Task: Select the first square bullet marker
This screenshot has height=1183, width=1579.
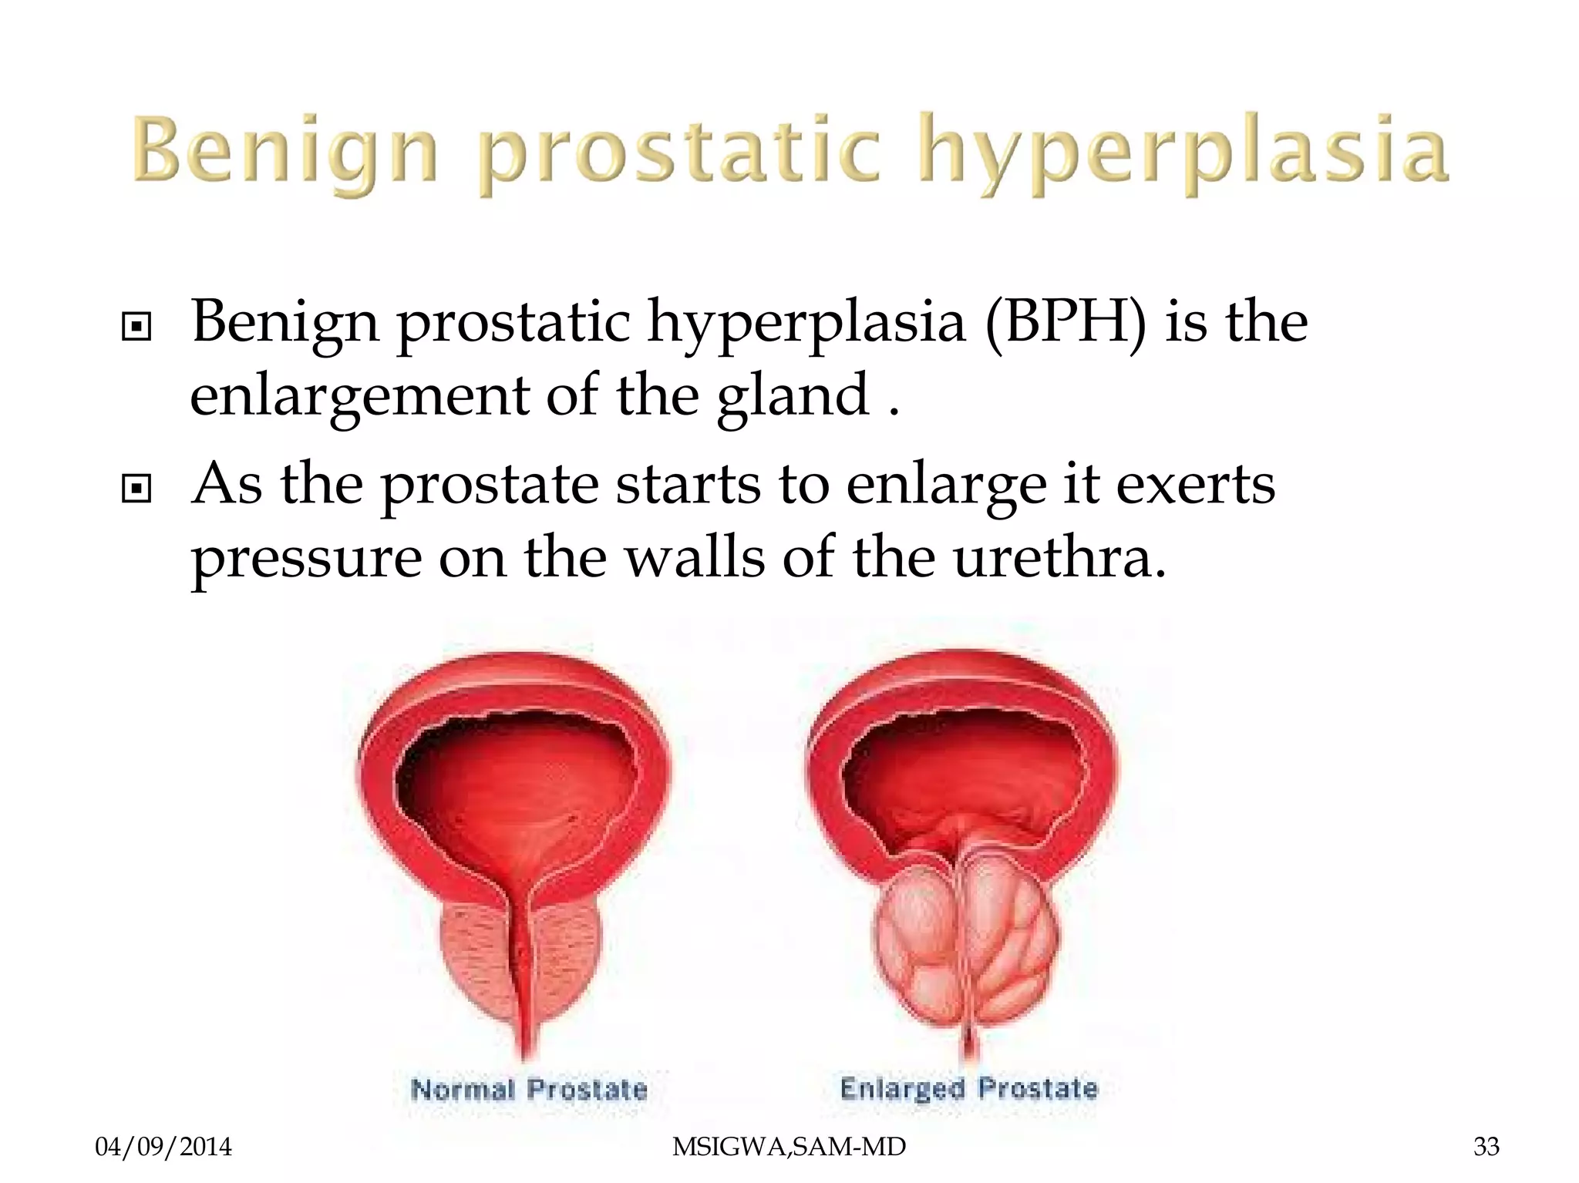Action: coord(136,327)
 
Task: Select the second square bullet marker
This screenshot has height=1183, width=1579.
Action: coord(136,488)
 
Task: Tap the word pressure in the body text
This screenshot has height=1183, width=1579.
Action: coord(306,559)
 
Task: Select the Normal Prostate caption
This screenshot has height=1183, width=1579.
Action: coord(529,1089)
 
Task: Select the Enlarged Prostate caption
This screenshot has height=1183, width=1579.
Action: coord(968,1088)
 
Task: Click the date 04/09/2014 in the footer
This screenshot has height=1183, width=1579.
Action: coord(163,1147)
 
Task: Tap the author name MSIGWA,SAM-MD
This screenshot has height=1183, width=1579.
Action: coord(789,1147)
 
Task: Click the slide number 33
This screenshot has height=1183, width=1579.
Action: coord(1486,1147)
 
